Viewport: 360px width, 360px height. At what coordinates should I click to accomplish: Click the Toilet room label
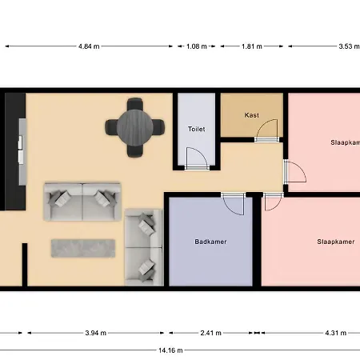tap(197, 129)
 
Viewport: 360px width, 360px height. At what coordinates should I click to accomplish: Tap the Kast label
tap(252, 115)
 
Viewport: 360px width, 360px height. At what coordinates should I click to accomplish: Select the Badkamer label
tap(210, 242)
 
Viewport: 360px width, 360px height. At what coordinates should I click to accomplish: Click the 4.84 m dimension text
tap(89, 46)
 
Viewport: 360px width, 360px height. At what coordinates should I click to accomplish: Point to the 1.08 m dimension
tap(197, 46)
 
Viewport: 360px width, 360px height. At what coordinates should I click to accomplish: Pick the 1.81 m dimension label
tap(252, 46)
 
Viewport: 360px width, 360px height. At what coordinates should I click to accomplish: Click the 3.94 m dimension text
tap(96, 333)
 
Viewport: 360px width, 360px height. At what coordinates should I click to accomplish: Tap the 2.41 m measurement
tap(210, 333)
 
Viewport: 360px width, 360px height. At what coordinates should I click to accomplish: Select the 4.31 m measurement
tap(336, 333)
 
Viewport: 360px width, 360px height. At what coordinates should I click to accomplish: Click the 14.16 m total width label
tap(170, 350)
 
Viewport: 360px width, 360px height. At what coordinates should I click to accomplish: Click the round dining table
tap(134, 127)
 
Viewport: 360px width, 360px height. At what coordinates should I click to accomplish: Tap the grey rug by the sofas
tap(83, 248)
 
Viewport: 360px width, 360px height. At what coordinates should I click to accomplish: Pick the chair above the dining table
tap(134, 104)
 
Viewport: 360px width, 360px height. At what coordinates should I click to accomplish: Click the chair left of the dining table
tap(111, 127)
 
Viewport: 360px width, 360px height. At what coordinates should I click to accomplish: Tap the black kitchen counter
tap(15, 151)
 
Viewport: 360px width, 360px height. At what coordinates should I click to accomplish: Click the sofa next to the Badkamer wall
tap(144, 247)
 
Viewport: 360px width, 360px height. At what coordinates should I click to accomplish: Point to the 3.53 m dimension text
tap(350, 46)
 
